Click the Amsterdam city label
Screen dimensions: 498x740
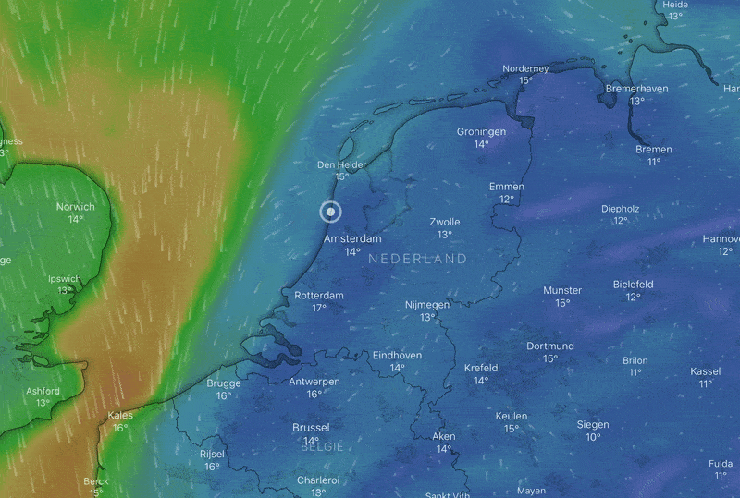pos(351,238)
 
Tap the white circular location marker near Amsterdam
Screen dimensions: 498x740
pos(330,212)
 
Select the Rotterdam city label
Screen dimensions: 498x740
pos(318,295)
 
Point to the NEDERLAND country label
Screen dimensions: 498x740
pos(417,260)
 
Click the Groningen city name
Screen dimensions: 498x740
pos(481,131)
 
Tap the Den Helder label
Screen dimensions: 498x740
pos(341,164)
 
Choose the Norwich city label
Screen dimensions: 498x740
pos(75,207)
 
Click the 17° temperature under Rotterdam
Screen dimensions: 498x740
pos(318,308)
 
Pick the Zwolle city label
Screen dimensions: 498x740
pos(445,222)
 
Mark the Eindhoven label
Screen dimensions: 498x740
pos(397,355)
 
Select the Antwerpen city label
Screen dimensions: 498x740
pos(314,382)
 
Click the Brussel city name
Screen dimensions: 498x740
pos(311,428)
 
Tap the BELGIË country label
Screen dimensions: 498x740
pos(322,446)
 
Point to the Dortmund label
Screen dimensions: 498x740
pos(550,346)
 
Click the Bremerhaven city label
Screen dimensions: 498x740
pos(636,89)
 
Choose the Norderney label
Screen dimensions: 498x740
pos(525,68)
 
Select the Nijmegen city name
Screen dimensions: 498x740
pos(427,304)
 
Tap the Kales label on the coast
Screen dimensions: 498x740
pos(120,415)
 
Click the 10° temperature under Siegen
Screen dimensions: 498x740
pos(592,437)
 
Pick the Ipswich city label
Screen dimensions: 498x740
pos(65,278)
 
